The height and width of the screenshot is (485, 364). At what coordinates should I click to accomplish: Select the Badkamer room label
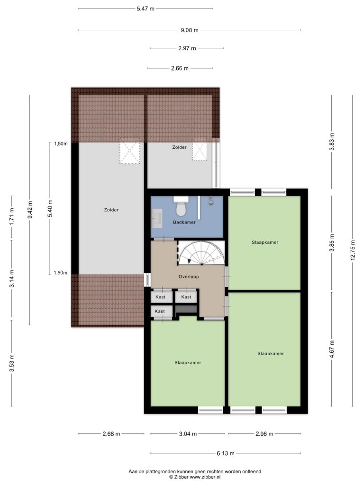(184, 222)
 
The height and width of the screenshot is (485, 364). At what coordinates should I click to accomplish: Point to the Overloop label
(189, 277)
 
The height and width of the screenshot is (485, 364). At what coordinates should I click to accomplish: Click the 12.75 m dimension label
(353, 251)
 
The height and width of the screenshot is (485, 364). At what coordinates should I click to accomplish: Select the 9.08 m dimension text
(190, 30)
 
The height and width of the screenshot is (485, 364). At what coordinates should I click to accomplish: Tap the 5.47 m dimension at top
(146, 9)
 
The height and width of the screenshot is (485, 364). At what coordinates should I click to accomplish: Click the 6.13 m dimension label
(225, 453)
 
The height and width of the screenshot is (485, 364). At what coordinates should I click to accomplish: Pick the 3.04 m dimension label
(188, 434)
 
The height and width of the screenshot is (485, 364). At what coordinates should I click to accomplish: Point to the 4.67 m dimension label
(332, 349)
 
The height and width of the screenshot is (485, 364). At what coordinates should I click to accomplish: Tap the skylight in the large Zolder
(130, 153)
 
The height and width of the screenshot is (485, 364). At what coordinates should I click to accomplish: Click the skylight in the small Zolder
(200, 152)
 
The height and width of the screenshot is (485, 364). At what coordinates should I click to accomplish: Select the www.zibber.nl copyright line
(195, 477)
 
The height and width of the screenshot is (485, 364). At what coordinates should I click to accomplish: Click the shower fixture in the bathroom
(211, 200)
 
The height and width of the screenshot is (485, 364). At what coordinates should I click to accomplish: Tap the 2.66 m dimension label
(180, 68)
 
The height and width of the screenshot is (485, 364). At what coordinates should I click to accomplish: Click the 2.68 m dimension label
(111, 434)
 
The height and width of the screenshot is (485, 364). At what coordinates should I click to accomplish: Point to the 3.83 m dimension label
(332, 142)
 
